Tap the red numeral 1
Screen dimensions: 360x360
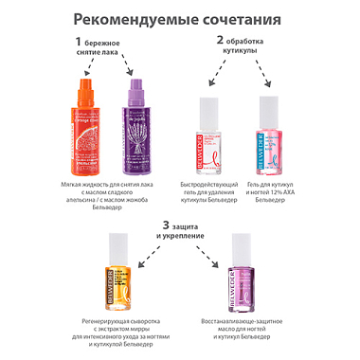(81, 42)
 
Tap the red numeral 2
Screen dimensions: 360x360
(220, 42)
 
